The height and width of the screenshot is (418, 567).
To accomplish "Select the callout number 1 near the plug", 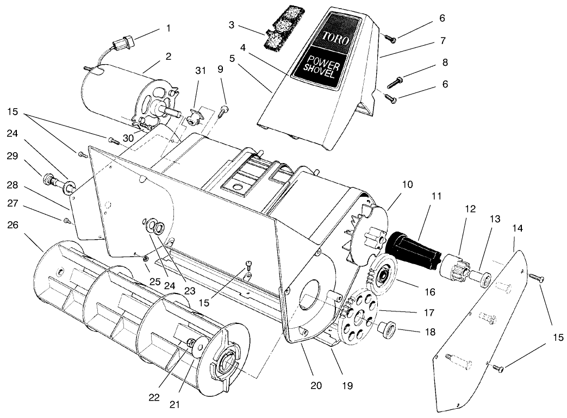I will (168, 28).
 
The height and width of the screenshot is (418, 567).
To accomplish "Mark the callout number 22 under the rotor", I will (154, 397).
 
